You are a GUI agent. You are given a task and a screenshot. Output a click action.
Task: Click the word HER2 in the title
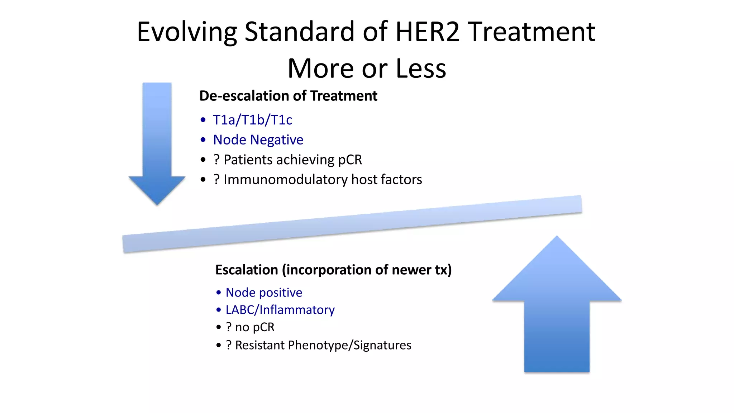[427, 32]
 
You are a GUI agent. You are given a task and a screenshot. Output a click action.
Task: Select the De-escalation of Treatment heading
[288, 96]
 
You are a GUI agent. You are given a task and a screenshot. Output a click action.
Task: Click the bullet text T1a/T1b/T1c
[252, 120]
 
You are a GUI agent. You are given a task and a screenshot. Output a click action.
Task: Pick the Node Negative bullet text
[258, 140]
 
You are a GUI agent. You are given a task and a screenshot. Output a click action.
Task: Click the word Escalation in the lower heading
[247, 270]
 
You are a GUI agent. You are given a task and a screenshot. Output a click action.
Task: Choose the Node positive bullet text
[264, 293]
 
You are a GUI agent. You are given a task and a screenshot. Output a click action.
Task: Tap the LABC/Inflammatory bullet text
[280, 310]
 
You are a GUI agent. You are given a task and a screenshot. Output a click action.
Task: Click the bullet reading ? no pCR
[250, 327]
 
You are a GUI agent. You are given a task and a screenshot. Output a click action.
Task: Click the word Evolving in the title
[187, 32]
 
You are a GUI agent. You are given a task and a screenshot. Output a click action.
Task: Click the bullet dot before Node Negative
[203, 140]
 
